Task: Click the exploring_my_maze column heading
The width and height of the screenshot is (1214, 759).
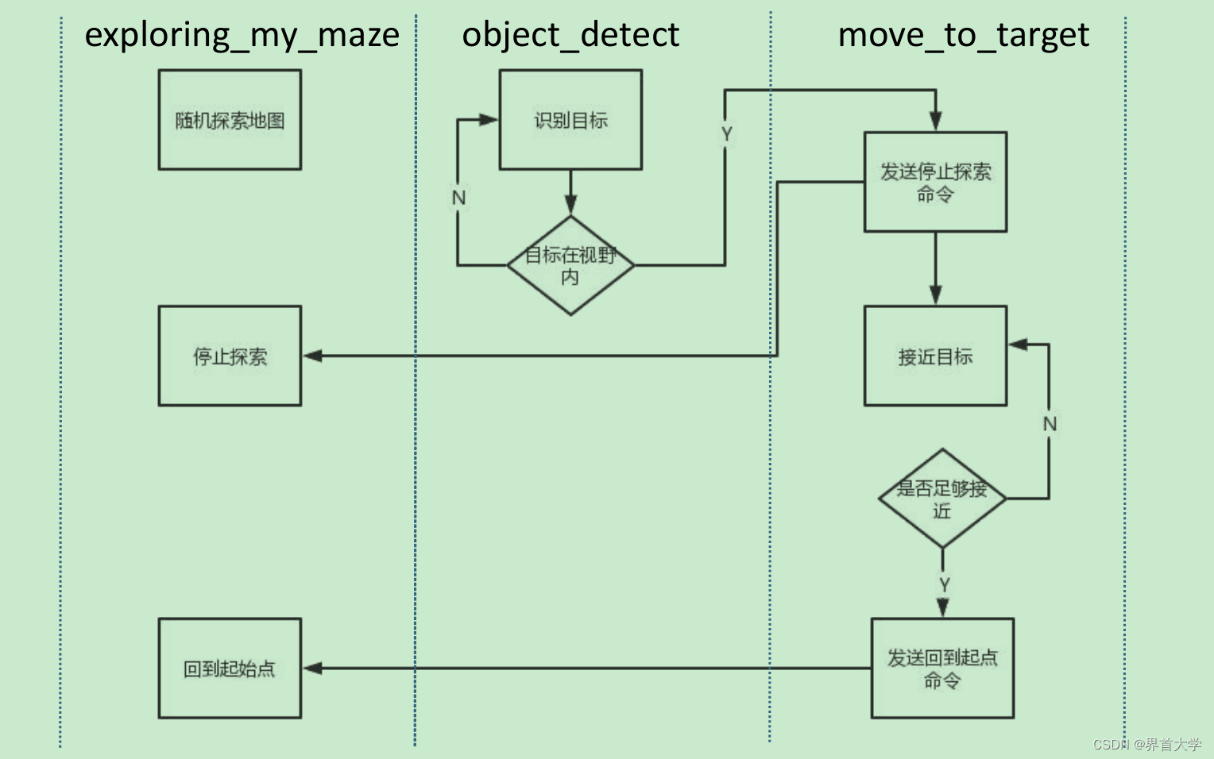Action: pos(242,36)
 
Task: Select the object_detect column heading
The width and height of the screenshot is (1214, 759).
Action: pos(570,36)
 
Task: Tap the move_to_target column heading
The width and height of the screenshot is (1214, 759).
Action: pos(963,36)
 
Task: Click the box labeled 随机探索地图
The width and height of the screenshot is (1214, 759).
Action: pos(230,120)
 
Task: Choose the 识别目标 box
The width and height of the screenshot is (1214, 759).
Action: pos(570,120)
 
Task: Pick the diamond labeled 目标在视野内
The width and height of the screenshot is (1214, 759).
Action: pos(570,265)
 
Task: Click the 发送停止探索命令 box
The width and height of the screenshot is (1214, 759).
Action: pos(935,182)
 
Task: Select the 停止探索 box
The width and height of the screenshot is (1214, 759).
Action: pos(230,356)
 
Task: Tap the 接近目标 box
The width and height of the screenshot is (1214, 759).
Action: pos(935,356)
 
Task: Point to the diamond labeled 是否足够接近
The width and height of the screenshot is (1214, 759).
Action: pos(942,499)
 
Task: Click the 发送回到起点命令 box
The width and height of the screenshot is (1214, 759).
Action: pos(942,668)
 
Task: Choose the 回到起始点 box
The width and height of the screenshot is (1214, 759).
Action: pos(230,668)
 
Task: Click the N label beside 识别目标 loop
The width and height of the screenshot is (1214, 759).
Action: pos(458,198)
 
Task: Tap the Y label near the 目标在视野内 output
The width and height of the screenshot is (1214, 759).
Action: pos(726,134)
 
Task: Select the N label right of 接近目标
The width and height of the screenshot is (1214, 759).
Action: pos(1050,424)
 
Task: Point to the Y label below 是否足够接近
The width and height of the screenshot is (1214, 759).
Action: pos(944,585)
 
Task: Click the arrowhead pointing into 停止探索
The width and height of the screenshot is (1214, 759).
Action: pos(312,356)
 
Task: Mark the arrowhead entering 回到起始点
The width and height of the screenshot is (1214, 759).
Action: pos(312,668)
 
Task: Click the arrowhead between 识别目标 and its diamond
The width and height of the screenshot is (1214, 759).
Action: pos(570,204)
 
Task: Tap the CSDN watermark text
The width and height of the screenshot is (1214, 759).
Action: pos(1146,745)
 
